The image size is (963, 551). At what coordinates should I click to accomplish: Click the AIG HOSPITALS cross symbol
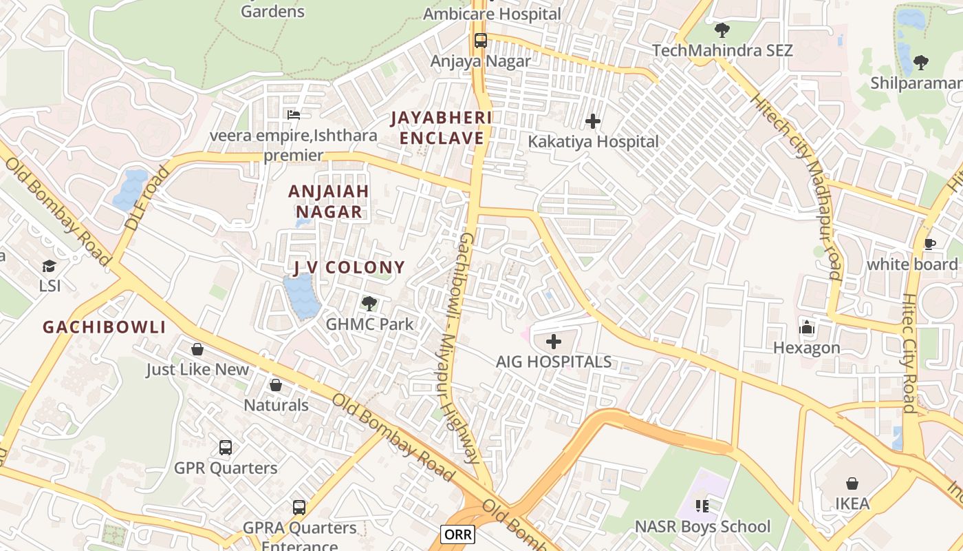pyautogui.click(x=554, y=342)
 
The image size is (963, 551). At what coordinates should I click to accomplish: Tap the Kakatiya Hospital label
pyautogui.click(x=593, y=141)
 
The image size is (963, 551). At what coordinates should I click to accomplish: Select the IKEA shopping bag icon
pyautogui.click(x=852, y=484)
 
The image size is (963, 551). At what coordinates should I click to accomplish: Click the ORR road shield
pyautogui.click(x=458, y=534)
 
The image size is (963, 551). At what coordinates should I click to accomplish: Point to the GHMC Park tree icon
pyautogui.click(x=369, y=303)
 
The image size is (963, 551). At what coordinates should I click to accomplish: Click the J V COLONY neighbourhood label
pyautogui.click(x=349, y=267)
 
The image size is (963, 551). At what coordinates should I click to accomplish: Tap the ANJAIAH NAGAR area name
pyautogui.click(x=329, y=201)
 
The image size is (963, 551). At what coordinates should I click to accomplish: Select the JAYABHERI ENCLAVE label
pyautogui.click(x=442, y=127)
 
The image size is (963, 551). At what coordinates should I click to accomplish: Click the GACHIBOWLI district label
pyautogui.click(x=105, y=327)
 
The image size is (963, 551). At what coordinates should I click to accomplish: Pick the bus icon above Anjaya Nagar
pyautogui.click(x=480, y=41)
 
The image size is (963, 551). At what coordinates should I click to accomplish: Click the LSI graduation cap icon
pyautogui.click(x=49, y=267)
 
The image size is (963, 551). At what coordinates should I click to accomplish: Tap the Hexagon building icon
pyautogui.click(x=807, y=328)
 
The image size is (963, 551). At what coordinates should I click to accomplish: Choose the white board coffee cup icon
pyautogui.click(x=929, y=245)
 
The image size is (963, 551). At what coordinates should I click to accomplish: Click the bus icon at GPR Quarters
pyautogui.click(x=226, y=448)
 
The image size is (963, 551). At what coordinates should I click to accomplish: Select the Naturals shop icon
pyautogui.click(x=276, y=385)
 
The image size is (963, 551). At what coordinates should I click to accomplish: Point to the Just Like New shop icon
pyautogui.click(x=197, y=350)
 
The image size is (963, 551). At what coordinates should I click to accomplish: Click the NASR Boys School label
pyautogui.click(x=702, y=527)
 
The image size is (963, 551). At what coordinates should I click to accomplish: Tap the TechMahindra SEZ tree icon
pyautogui.click(x=722, y=30)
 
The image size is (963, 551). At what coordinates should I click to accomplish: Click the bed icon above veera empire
pyautogui.click(x=294, y=114)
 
